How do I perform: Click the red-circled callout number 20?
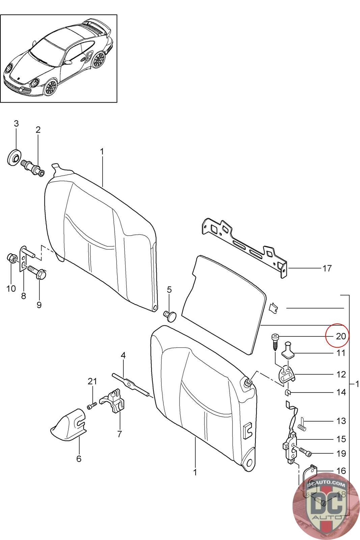341,336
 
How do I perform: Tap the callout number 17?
327,268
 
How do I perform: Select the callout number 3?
16,124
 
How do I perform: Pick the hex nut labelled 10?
10,259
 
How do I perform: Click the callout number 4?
123,355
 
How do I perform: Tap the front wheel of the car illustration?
50,87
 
